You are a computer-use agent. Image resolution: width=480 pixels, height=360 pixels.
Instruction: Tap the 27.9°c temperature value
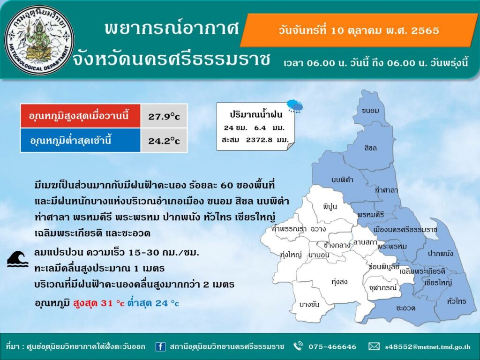pyautogui.click(x=164, y=116)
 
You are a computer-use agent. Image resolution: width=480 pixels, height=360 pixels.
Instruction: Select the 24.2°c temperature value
pyautogui.click(x=164, y=141)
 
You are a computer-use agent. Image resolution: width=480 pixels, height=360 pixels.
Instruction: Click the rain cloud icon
pyautogui.click(x=295, y=106)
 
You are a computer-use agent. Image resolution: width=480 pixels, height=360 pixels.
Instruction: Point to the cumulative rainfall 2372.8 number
pyautogui.click(x=259, y=140)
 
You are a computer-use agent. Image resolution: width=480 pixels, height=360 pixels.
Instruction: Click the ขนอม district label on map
pyautogui.click(x=370, y=111)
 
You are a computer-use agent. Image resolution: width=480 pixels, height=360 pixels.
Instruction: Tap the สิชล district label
pyautogui.click(x=370, y=148)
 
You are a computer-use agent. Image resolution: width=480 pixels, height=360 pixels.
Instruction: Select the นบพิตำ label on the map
pyautogui.click(x=342, y=180)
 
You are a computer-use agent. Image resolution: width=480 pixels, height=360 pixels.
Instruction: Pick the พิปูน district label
pyautogui.click(x=330, y=206)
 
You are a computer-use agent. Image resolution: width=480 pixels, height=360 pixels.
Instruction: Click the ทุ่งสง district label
pyautogui.click(x=339, y=281)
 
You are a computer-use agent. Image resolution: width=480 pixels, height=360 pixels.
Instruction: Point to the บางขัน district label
pyautogui.click(x=309, y=304)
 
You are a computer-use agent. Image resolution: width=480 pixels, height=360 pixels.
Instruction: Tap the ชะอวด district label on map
pyautogui.click(x=405, y=308)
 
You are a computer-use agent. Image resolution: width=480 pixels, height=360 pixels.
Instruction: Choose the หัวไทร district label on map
pyautogui.click(x=457, y=301)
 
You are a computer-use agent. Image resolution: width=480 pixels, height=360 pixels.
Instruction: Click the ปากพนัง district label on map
pyautogui.click(x=441, y=254)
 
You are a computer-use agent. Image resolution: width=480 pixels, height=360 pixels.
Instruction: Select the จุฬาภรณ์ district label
pyautogui.click(x=383, y=287)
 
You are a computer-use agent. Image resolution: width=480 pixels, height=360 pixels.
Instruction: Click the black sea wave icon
pyautogui.click(x=17, y=259)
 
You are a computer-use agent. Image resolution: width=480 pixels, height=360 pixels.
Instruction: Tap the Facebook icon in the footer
pyautogui.click(x=160, y=346)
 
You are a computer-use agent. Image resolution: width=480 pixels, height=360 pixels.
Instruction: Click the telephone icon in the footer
pyautogui.click(x=298, y=346)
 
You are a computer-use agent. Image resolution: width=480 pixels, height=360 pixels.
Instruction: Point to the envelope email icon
pyautogui.click(x=374, y=346)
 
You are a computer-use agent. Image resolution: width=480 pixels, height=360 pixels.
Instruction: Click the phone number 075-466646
pyautogui.click(x=332, y=347)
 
